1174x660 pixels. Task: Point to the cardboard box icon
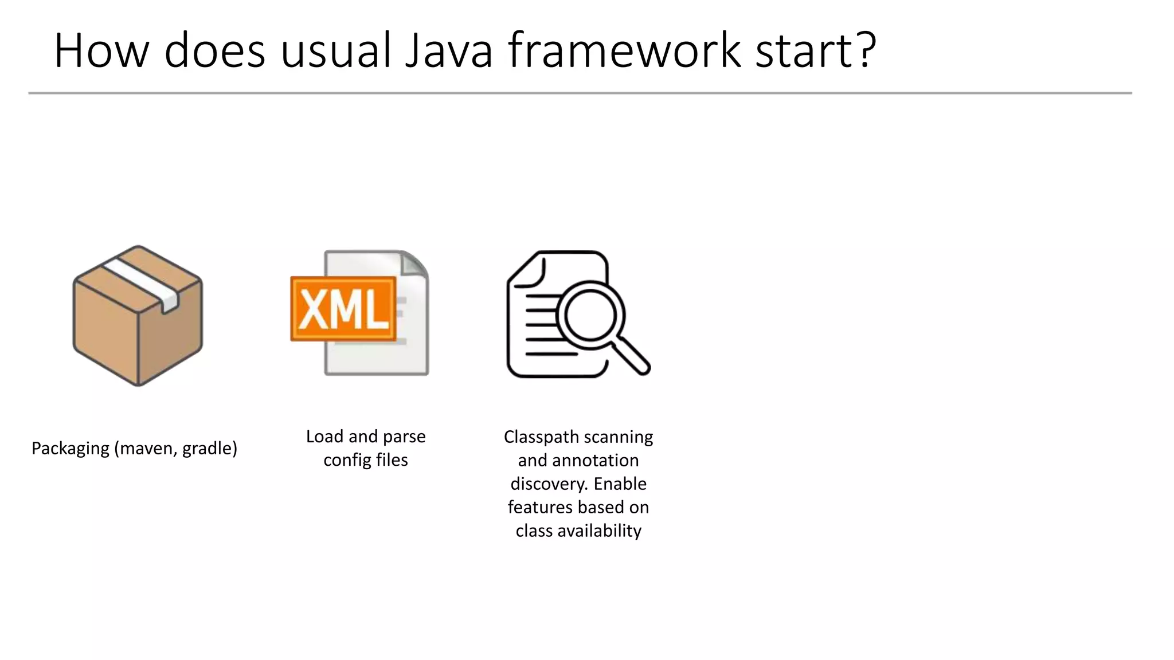(138, 332)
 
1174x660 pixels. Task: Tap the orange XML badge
(343, 309)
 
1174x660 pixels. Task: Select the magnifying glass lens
(590, 316)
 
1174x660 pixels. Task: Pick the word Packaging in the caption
(70, 449)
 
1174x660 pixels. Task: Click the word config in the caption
(347, 460)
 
